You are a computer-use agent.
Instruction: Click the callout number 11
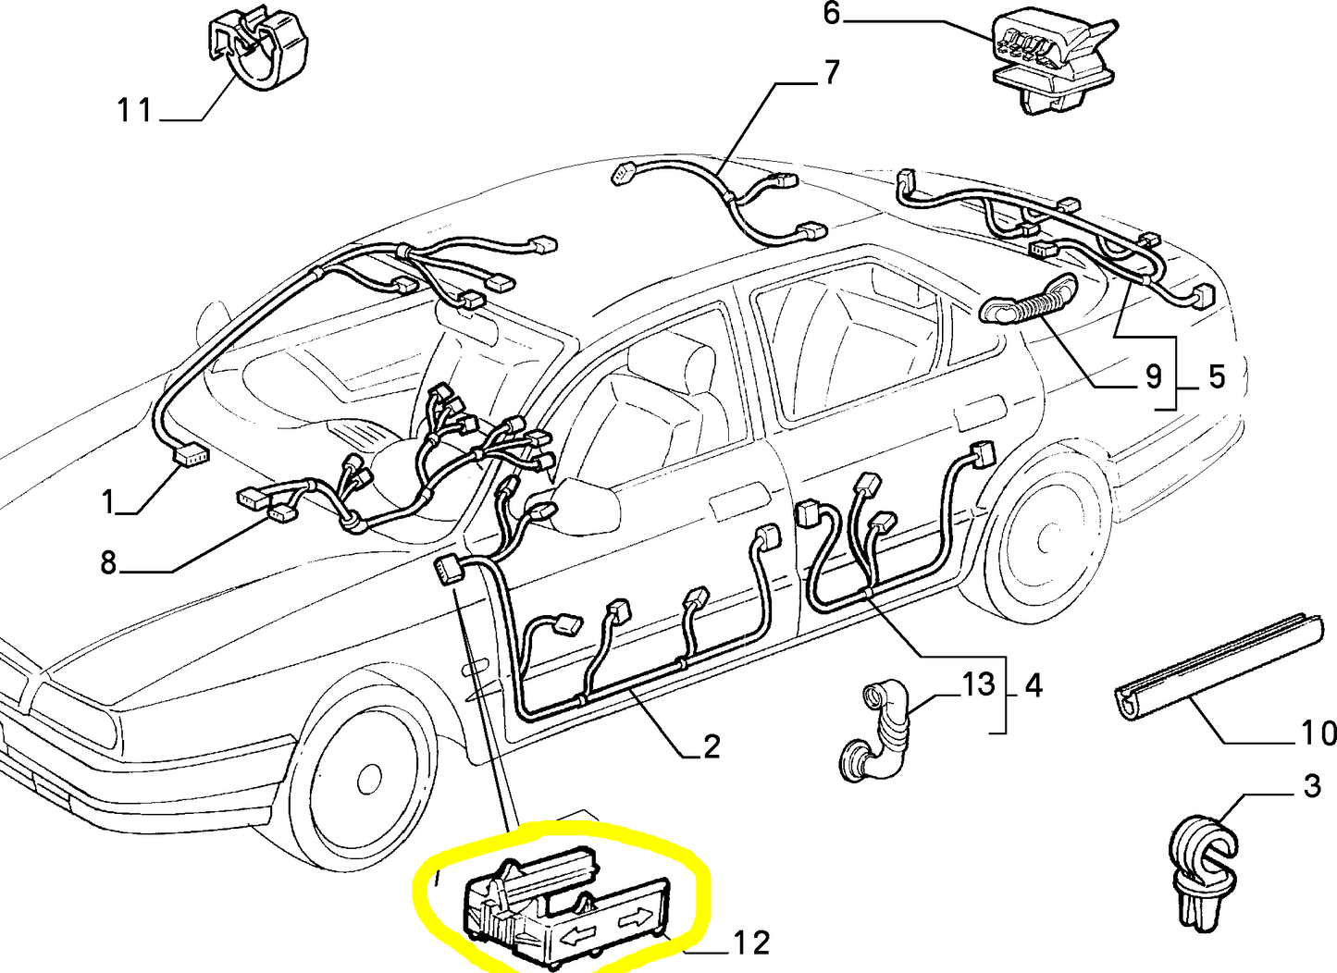coord(135,111)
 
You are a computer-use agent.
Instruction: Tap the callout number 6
coord(831,14)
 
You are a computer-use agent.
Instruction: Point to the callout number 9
coord(1153,376)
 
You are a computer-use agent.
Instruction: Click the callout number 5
coord(1216,376)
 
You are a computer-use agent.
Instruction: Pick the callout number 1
coord(108,501)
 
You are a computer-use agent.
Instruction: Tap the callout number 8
coord(108,562)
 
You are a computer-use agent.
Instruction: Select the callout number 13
coord(978,684)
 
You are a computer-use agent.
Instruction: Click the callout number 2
coord(712,746)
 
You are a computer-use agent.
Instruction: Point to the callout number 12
coord(752,943)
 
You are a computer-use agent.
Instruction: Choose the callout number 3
coord(1312,786)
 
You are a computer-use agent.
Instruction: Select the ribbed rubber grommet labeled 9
coord(1028,302)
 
